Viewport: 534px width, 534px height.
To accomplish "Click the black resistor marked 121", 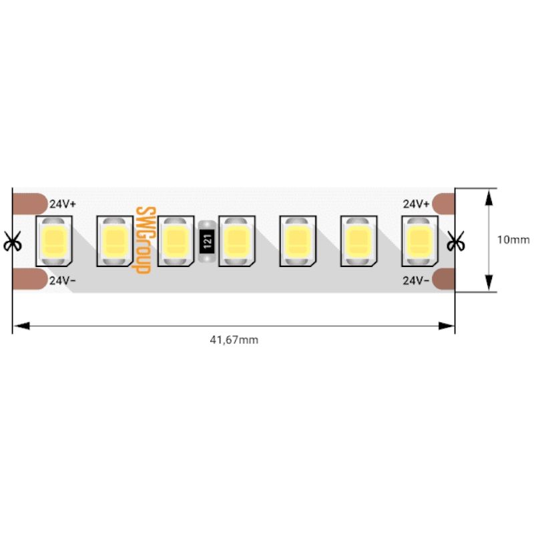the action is click(x=207, y=241).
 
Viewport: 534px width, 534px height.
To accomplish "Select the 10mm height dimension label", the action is click(x=513, y=240).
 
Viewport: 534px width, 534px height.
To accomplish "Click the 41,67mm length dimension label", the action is click(x=234, y=340).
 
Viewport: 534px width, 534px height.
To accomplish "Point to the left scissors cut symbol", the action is click(x=12, y=241).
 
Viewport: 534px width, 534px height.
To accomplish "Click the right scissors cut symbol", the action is click(x=455, y=241).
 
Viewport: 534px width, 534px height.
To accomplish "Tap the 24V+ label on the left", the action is click(x=63, y=204).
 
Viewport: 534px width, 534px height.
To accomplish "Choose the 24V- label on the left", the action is click(x=63, y=280).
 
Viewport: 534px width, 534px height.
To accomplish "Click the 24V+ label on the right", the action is click(x=416, y=204).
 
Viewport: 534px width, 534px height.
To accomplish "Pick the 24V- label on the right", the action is click(x=416, y=280).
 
